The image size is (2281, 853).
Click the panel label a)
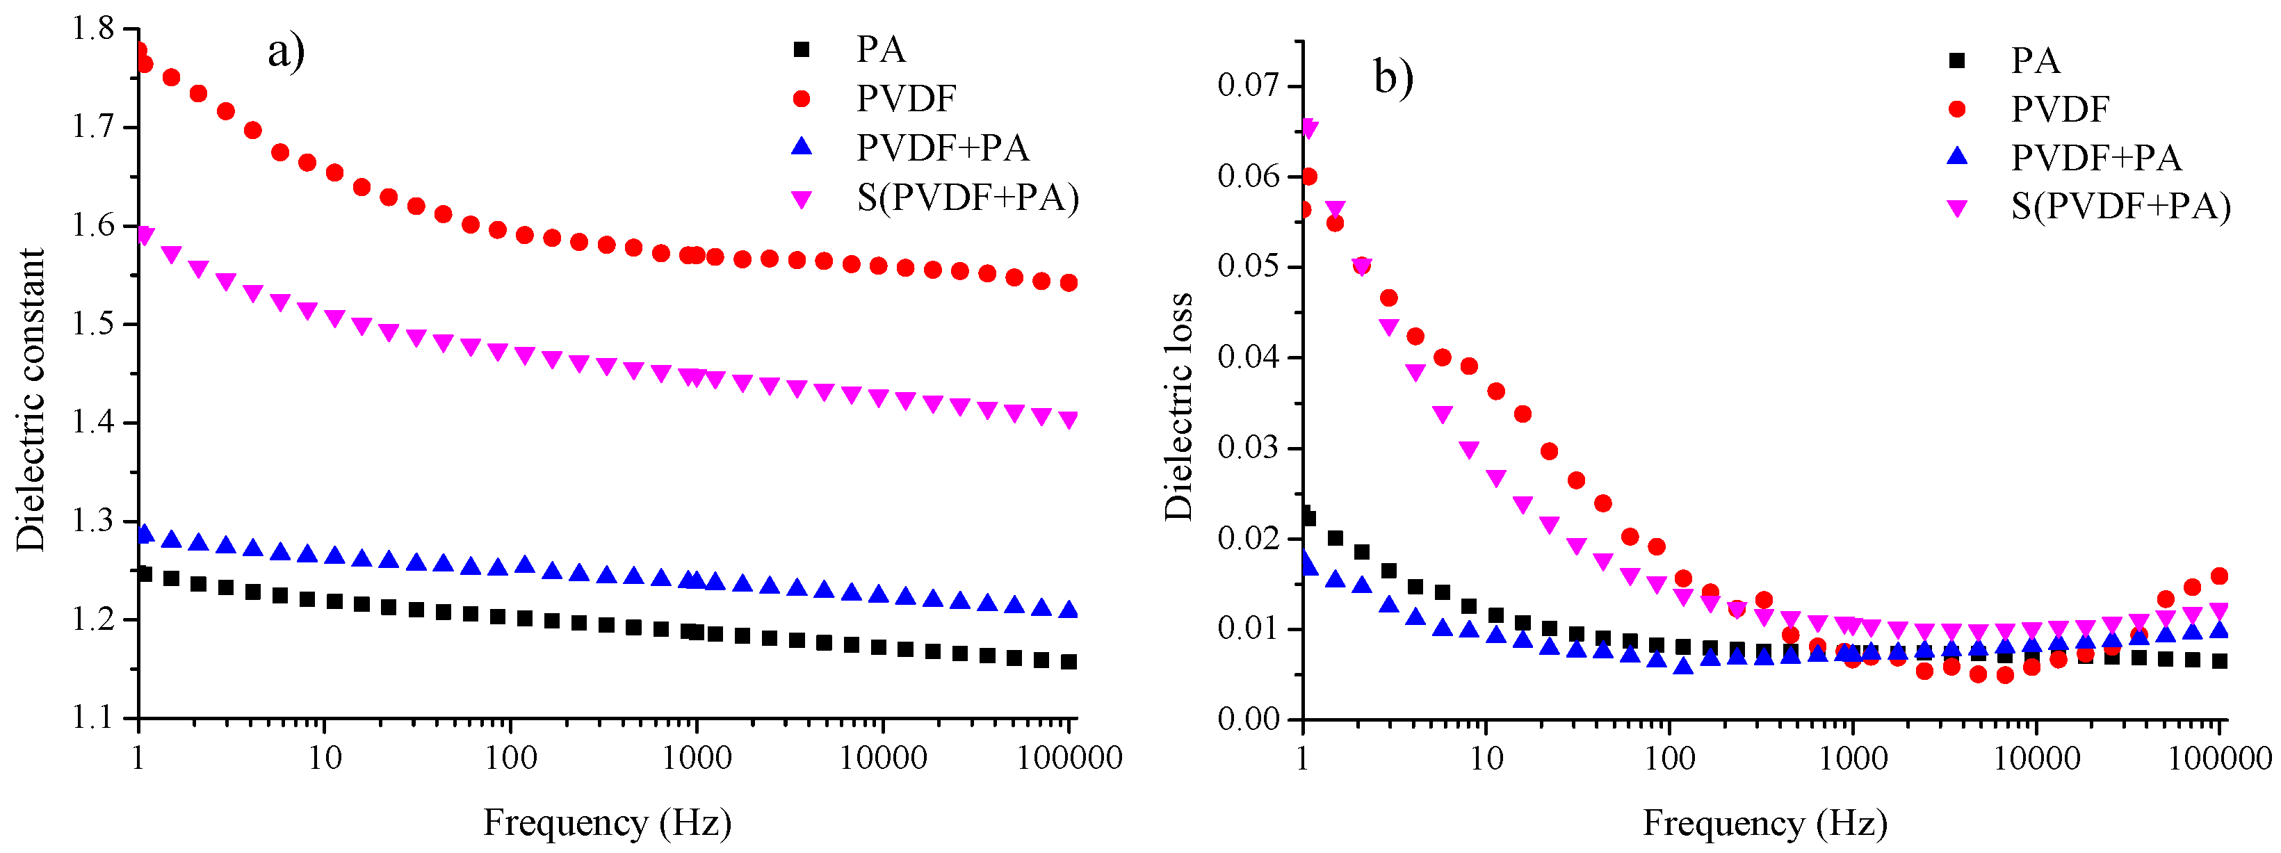click(286, 51)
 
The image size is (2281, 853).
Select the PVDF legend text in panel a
click(906, 98)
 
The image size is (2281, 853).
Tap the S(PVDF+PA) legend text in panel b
click(2120, 206)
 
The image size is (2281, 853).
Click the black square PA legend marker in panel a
click(802, 49)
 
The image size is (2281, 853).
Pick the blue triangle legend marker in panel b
click(1957, 157)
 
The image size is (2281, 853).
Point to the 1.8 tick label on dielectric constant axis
click(94, 29)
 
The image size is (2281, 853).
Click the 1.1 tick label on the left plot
click(94, 717)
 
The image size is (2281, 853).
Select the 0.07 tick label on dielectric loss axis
click(1248, 86)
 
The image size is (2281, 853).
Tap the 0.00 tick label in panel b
click(1248, 718)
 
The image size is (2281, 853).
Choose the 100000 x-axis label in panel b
click(2220, 758)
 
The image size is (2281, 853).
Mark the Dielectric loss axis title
click(1178, 406)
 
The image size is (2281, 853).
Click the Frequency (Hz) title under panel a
click(608, 823)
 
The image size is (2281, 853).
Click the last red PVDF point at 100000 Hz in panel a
click(1069, 282)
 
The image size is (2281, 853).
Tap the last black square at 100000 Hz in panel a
click(1069, 662)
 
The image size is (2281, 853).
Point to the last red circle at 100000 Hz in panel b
click(2219, 576)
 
